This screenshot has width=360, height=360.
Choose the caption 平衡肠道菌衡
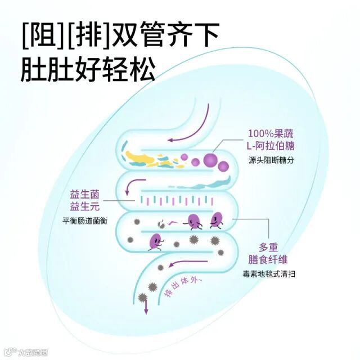click(84, 220)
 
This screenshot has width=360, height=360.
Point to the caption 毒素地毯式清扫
click(269, 274)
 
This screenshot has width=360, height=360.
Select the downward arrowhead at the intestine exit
click(146, 309)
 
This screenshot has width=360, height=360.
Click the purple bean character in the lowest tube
click(154, 242)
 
